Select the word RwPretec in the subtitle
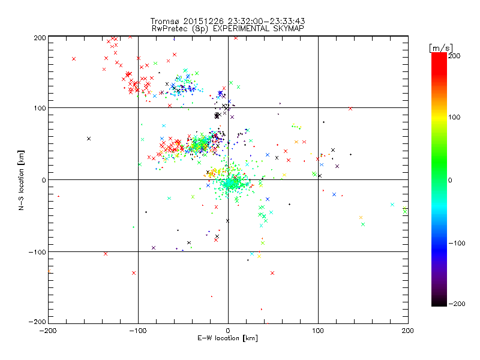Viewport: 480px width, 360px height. point(169,28)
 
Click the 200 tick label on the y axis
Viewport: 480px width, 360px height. point(40,38)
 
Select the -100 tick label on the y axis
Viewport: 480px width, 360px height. point(37,252)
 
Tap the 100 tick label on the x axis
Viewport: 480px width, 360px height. point(318,331)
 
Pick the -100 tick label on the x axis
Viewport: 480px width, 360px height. point(138,331)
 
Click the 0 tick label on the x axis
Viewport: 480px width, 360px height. point(228,331)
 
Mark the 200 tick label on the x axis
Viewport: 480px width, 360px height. point(408,331)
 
